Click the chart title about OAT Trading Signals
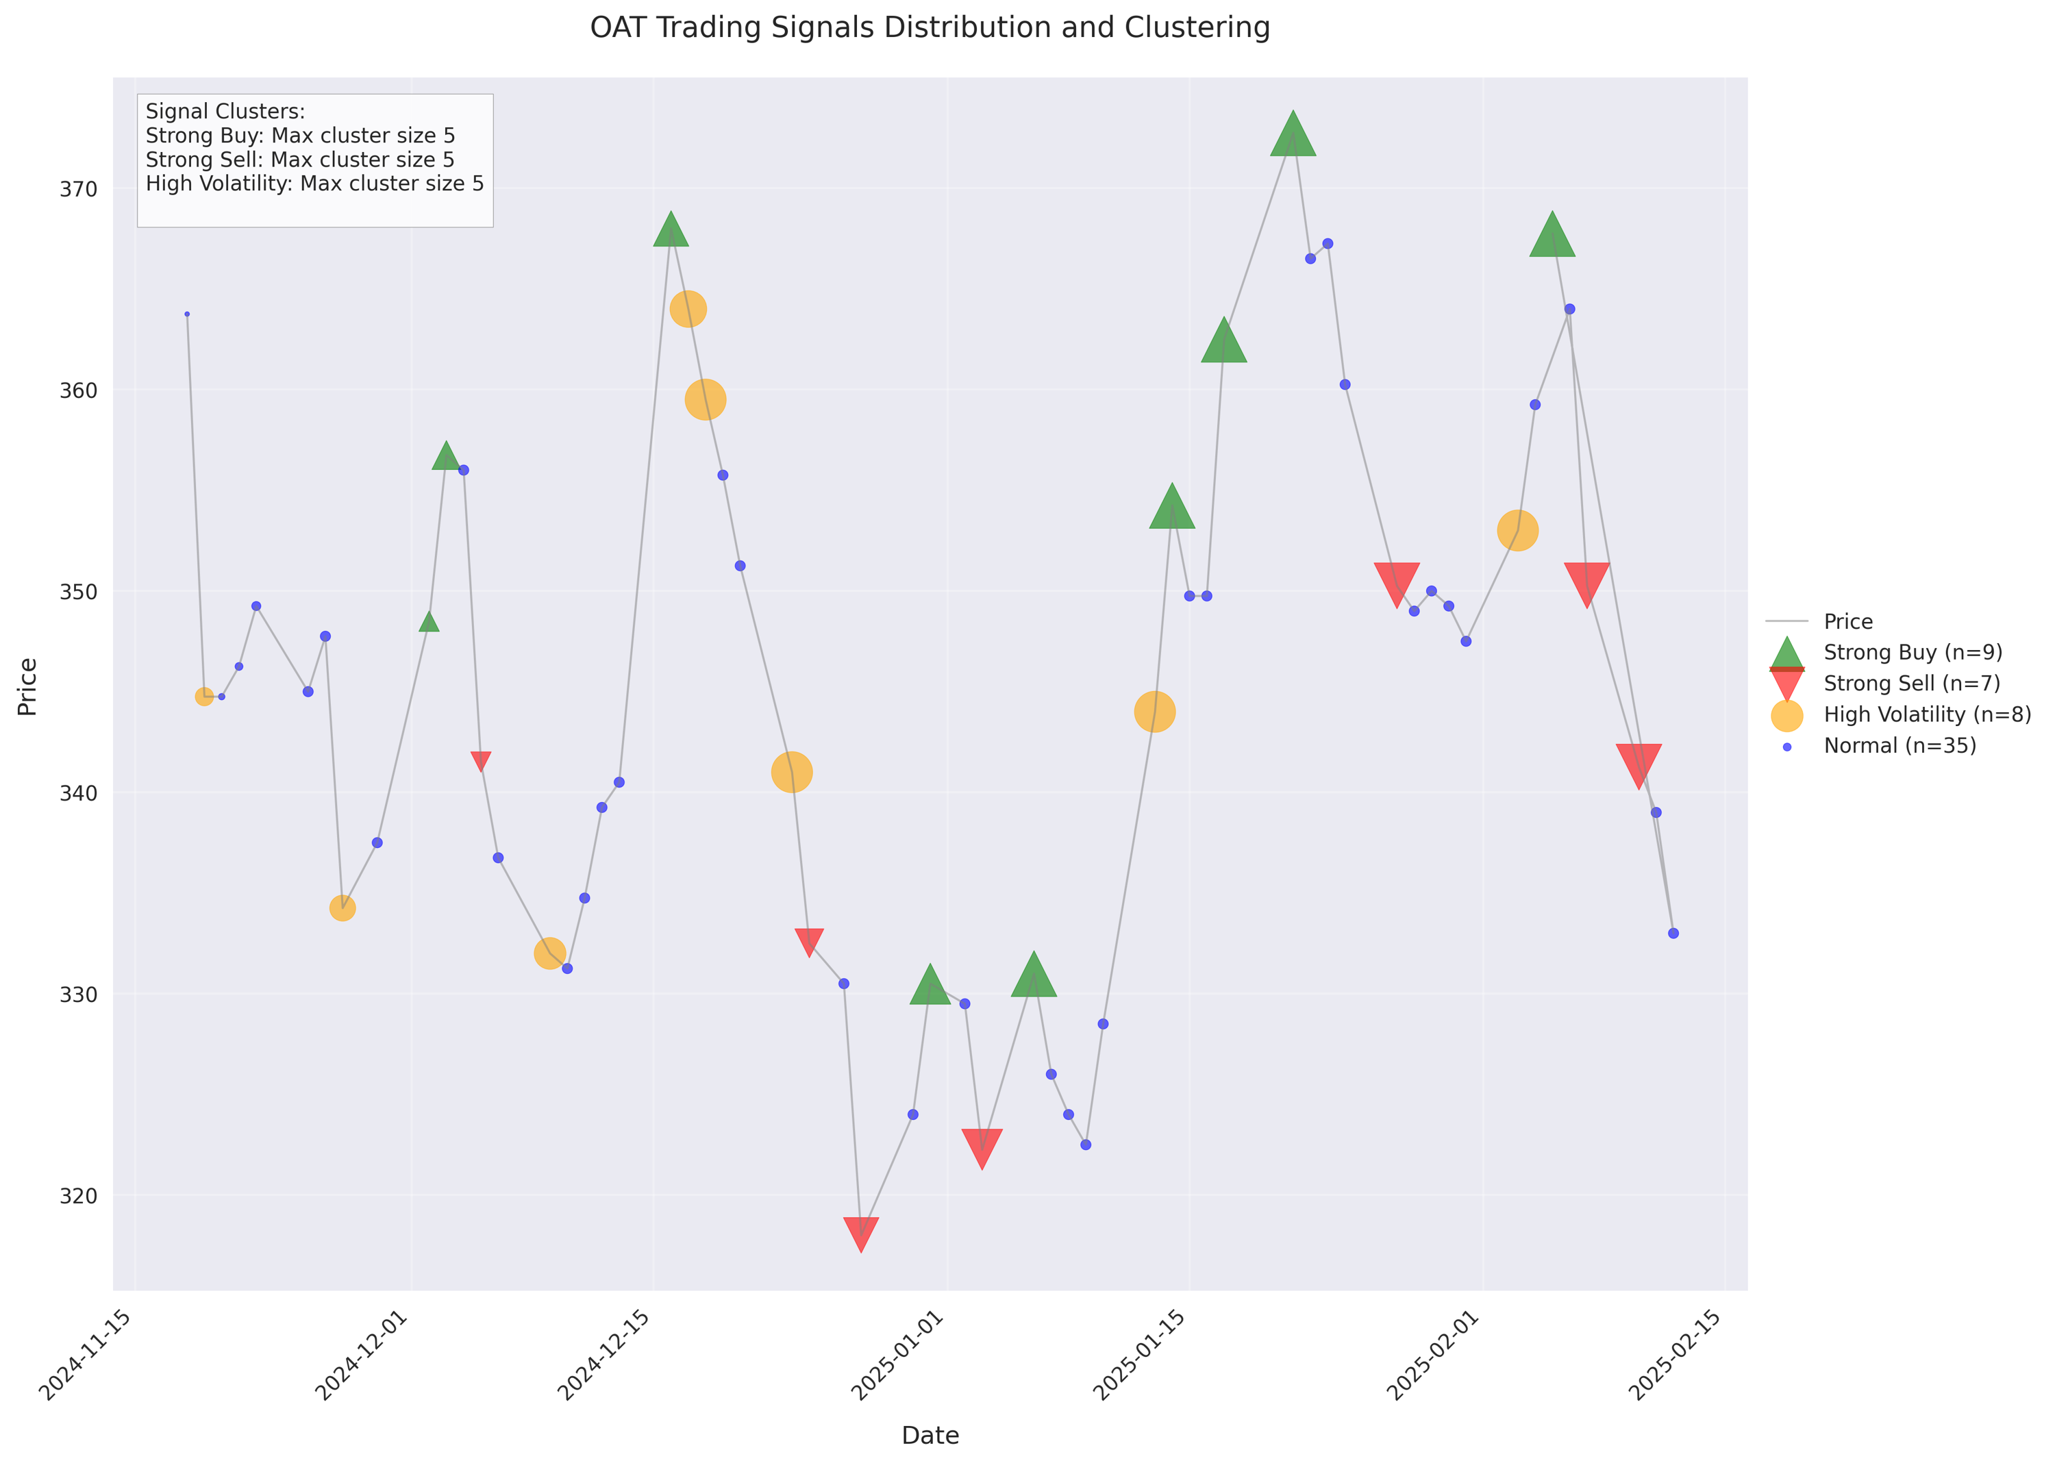point(929,28)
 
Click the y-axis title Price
point(28,686)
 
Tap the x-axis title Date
point(930,1435)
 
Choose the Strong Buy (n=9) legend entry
point(1912,652)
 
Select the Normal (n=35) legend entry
point(1899,746)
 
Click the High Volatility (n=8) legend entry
point(1926,714)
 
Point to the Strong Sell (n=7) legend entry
point(1911,684)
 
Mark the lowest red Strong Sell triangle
point(860,1231)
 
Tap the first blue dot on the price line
point(186,314)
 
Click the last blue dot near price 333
point(1673,934)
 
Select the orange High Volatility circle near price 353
point(1517,531)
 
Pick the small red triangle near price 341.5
point(481,760)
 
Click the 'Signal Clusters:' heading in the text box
point(225,112)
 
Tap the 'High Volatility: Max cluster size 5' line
point(314,184)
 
